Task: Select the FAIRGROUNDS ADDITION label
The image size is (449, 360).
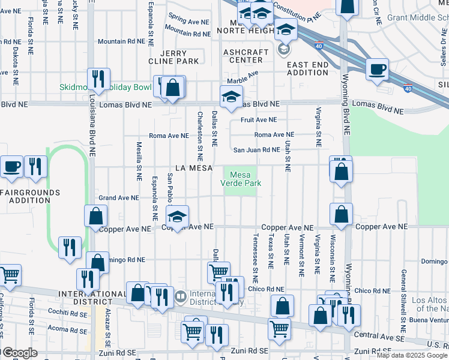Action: click(x=30, y=196)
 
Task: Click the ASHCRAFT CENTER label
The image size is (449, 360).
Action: click(x=246, y=56)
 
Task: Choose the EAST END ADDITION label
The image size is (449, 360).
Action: click(x=307, y=68)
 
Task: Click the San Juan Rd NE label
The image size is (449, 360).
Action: click(x=256, y=150)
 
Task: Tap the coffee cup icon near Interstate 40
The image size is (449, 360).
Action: click(x=378, y=69)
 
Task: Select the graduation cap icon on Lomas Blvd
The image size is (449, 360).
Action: click(x=231, y=97)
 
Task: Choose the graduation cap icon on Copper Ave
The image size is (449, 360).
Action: click(x=177, y=217)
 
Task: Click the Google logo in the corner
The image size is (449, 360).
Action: click(x=19, y=353)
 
